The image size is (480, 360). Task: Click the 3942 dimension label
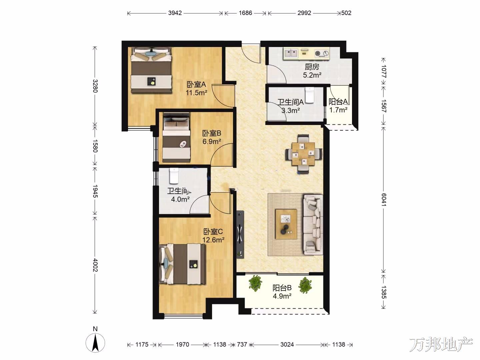[x=175, y=13]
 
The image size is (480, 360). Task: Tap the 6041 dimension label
[x=384, y=200]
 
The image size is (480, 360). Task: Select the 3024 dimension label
[x=287, y=344]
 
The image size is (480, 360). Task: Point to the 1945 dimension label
[x=95, y=191]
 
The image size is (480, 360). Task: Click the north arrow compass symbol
[x=95, y=343]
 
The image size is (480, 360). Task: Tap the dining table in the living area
[x=304, y=154]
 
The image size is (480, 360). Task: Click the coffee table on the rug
[x=286, y=224]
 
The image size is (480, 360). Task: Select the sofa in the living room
[x=313, y=225]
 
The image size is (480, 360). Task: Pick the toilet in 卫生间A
[x=309, y=95]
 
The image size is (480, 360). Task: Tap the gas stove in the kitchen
[x=322, y=53]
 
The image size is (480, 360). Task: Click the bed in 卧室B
[x=176, y=137]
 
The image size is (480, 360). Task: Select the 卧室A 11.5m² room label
[x=196, y=89]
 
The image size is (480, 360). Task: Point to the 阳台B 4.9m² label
[x=282, y=292]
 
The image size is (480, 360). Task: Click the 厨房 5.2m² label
[x=312, y=71]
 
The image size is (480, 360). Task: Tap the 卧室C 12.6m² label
[x=213, y=236]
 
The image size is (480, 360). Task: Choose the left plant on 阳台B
[x=255, y=283]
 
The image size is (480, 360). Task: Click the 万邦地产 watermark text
[x=441, y=344]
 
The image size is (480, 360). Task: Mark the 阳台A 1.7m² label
[x=338, y=106]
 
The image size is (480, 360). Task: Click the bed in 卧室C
[x=183, y=264]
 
